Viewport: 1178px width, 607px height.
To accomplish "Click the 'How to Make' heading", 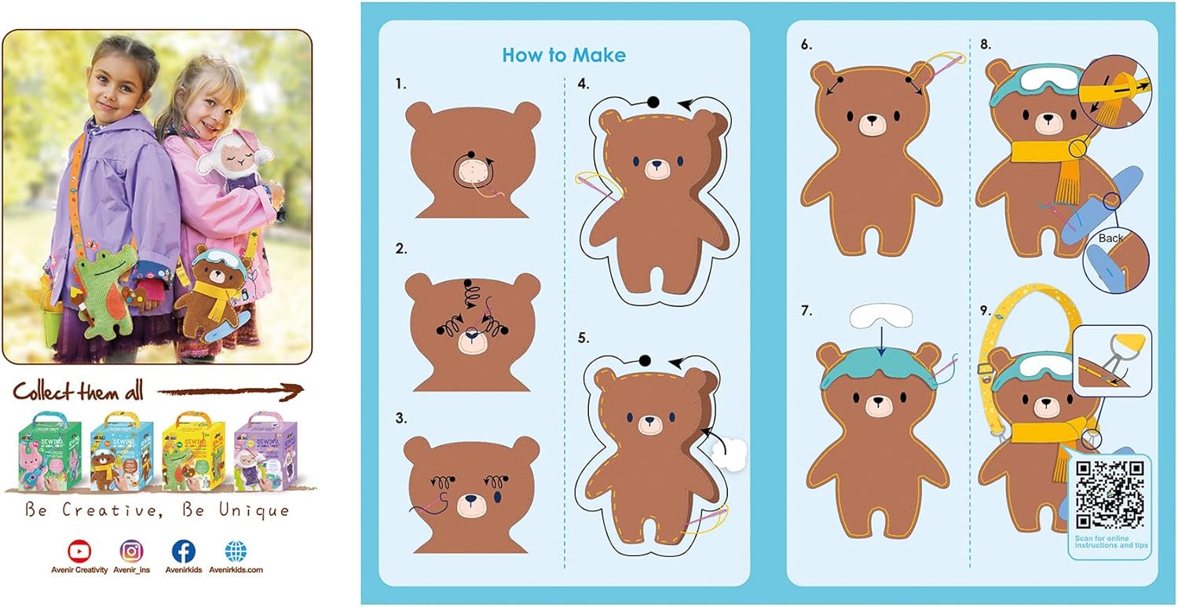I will (564, 55).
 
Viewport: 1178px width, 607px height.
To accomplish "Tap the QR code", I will (1110, 494).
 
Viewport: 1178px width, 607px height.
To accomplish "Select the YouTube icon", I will (79, 551).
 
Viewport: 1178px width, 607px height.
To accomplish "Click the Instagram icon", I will (131, 551).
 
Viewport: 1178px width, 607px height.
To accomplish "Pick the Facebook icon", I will (184, 551).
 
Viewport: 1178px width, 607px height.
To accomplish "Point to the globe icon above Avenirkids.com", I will (236, 551).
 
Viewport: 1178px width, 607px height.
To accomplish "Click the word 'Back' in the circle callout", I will (1110, 238).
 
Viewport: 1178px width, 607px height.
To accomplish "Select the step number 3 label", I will (401, 419).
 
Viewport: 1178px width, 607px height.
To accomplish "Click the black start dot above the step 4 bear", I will (653, 101).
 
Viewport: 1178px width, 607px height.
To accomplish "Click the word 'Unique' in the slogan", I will (254, 510).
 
